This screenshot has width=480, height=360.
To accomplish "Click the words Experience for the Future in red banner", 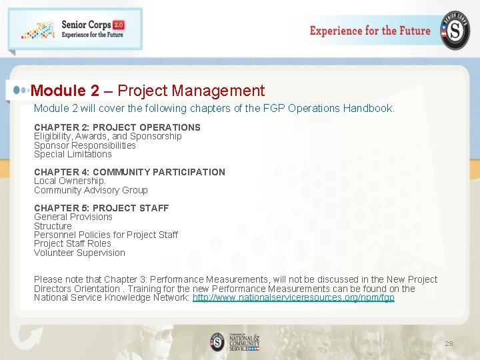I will pyautogui.click(x=370, y=31).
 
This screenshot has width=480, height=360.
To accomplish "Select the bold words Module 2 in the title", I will pyautogui.click(x=65, y=91).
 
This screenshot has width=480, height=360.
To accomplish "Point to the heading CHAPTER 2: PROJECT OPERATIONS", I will pyautogui.click(x=117, y=127).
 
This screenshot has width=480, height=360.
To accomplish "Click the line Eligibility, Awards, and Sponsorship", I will pyautogui.click(x=108, y=136).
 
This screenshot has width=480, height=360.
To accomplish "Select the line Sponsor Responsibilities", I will pyautogui.click(x=85, y=145).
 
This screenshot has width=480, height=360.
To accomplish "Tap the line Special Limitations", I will pyautogui.click(x=73, y=154).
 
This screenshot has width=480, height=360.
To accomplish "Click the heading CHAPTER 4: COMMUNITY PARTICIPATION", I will pyautogui.click(x=130, y=172).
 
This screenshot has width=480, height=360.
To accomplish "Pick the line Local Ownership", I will pyautogui.click(x=70, y=181).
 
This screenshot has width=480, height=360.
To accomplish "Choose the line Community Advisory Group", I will pyautogui.click(x=91, y=190).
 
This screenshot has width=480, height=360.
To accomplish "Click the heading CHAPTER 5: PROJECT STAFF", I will pyautogui.click(x=101, y=208).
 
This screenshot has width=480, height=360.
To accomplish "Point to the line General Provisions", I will pyautogui.click(x=73, y=217).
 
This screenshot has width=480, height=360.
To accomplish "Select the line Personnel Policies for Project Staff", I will pyautogui.click(x=106, y=235).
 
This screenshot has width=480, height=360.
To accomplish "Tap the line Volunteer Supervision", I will pyautogui.click(x=79, y=253).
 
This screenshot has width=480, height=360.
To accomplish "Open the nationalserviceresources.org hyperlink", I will pyautogui.click(x=293, y=297).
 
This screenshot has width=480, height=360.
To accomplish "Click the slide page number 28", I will pyautogui.click(x=449, y=344).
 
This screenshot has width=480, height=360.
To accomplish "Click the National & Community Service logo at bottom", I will pyautogui.click(x=235, y=342).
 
